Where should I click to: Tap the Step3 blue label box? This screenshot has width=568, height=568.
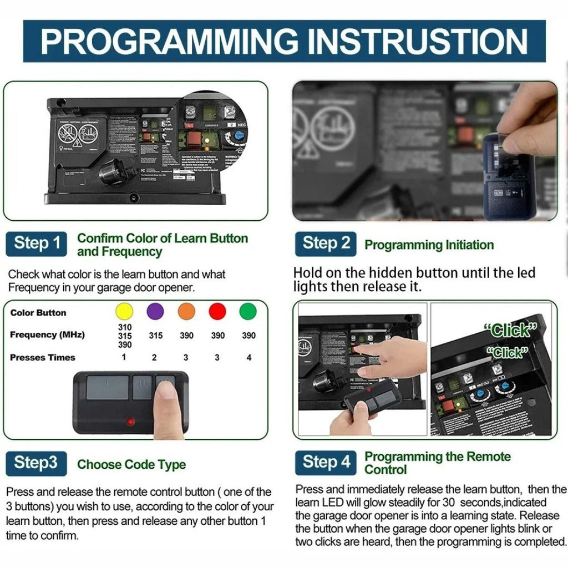click(36, 464)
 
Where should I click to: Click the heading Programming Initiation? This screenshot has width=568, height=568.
click(429, 245)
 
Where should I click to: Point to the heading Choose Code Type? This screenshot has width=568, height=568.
click(131, 465)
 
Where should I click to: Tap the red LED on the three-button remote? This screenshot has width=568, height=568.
click(130, 422)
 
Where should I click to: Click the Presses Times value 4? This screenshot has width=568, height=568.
click(249, 358)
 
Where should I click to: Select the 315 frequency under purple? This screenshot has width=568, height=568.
click(155, 336)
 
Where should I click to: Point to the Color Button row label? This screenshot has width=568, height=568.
click(38, 313)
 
